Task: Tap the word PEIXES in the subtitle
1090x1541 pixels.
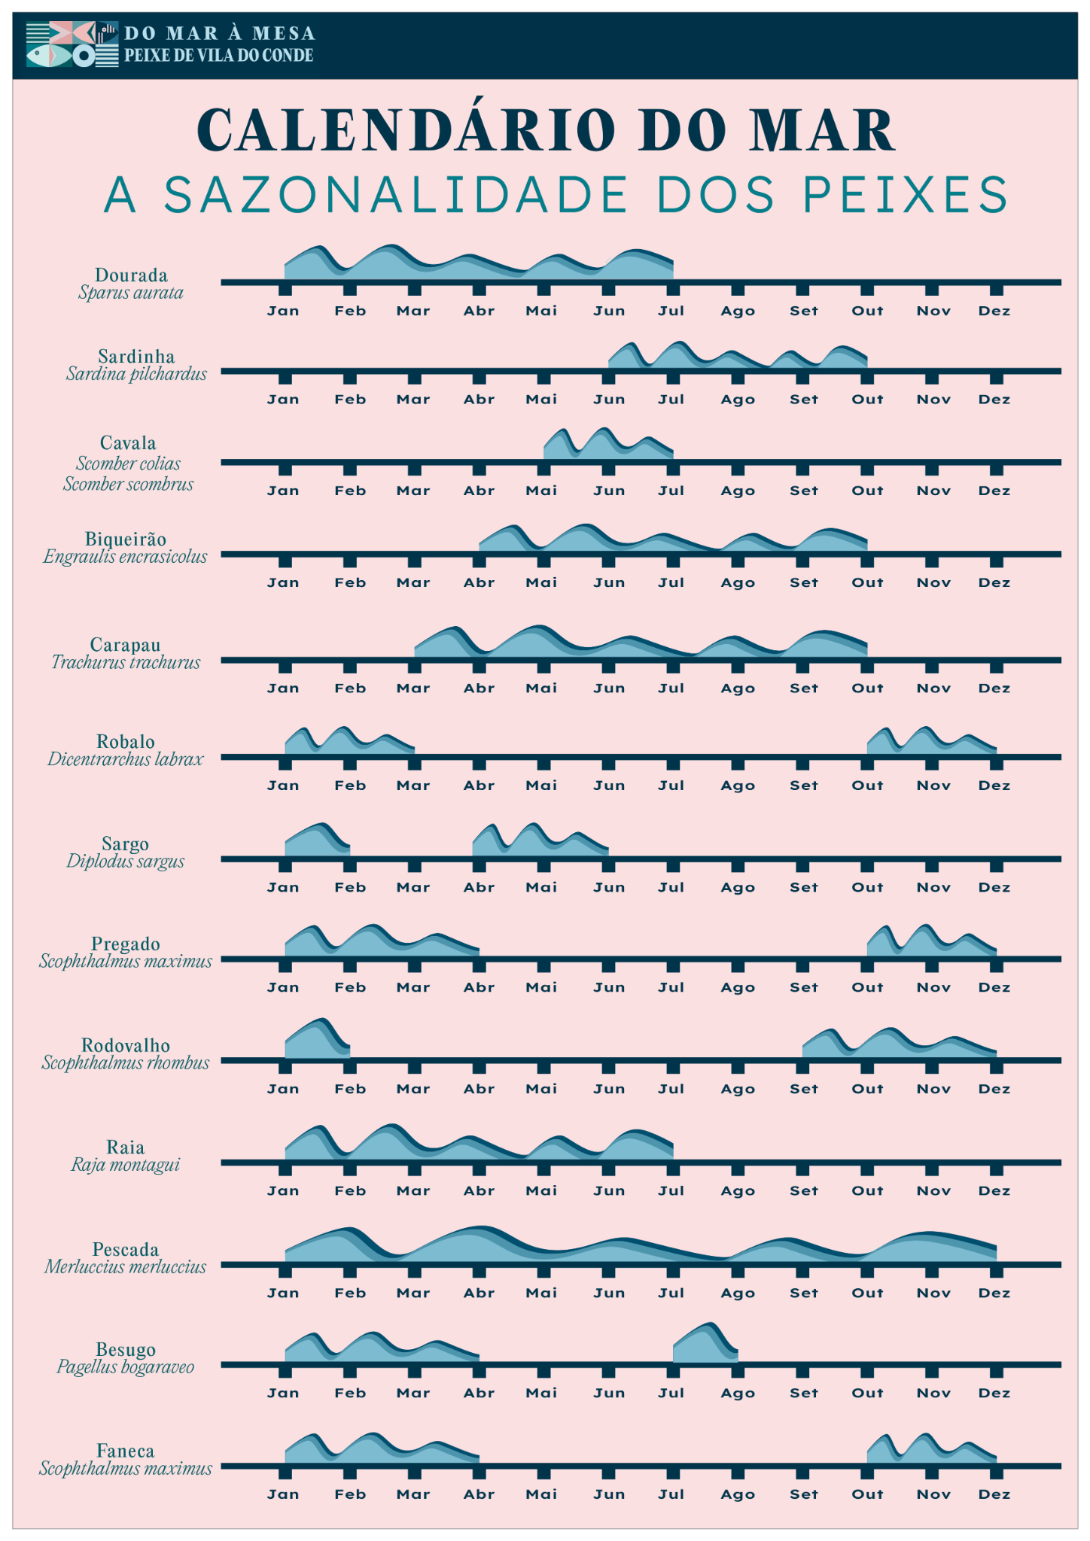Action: pos(906,195)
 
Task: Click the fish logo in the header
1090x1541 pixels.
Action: pos(72,44)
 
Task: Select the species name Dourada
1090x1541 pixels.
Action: pos(131,275)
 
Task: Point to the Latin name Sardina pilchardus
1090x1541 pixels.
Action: pos(136,374)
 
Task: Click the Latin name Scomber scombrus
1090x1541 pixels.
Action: pos(128,484)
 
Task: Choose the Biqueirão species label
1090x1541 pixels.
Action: pos(125,539)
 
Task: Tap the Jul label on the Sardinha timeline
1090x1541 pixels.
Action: pos(671,400)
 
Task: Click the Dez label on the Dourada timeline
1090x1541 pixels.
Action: pos(994,312)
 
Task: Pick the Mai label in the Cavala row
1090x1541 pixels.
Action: pos(541,491)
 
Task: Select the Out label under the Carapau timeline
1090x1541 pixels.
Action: pos(867,688)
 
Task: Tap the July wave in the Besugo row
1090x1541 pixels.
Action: pos(705,1345)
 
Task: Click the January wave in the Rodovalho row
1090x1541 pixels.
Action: pos(316,1040)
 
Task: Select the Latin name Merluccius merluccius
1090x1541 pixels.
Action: pos(125,1267)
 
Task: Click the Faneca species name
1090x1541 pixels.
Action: pos(125,1451)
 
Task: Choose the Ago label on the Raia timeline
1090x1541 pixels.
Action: pos(737,1191)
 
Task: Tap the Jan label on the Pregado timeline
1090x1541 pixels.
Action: pos(283,988)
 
